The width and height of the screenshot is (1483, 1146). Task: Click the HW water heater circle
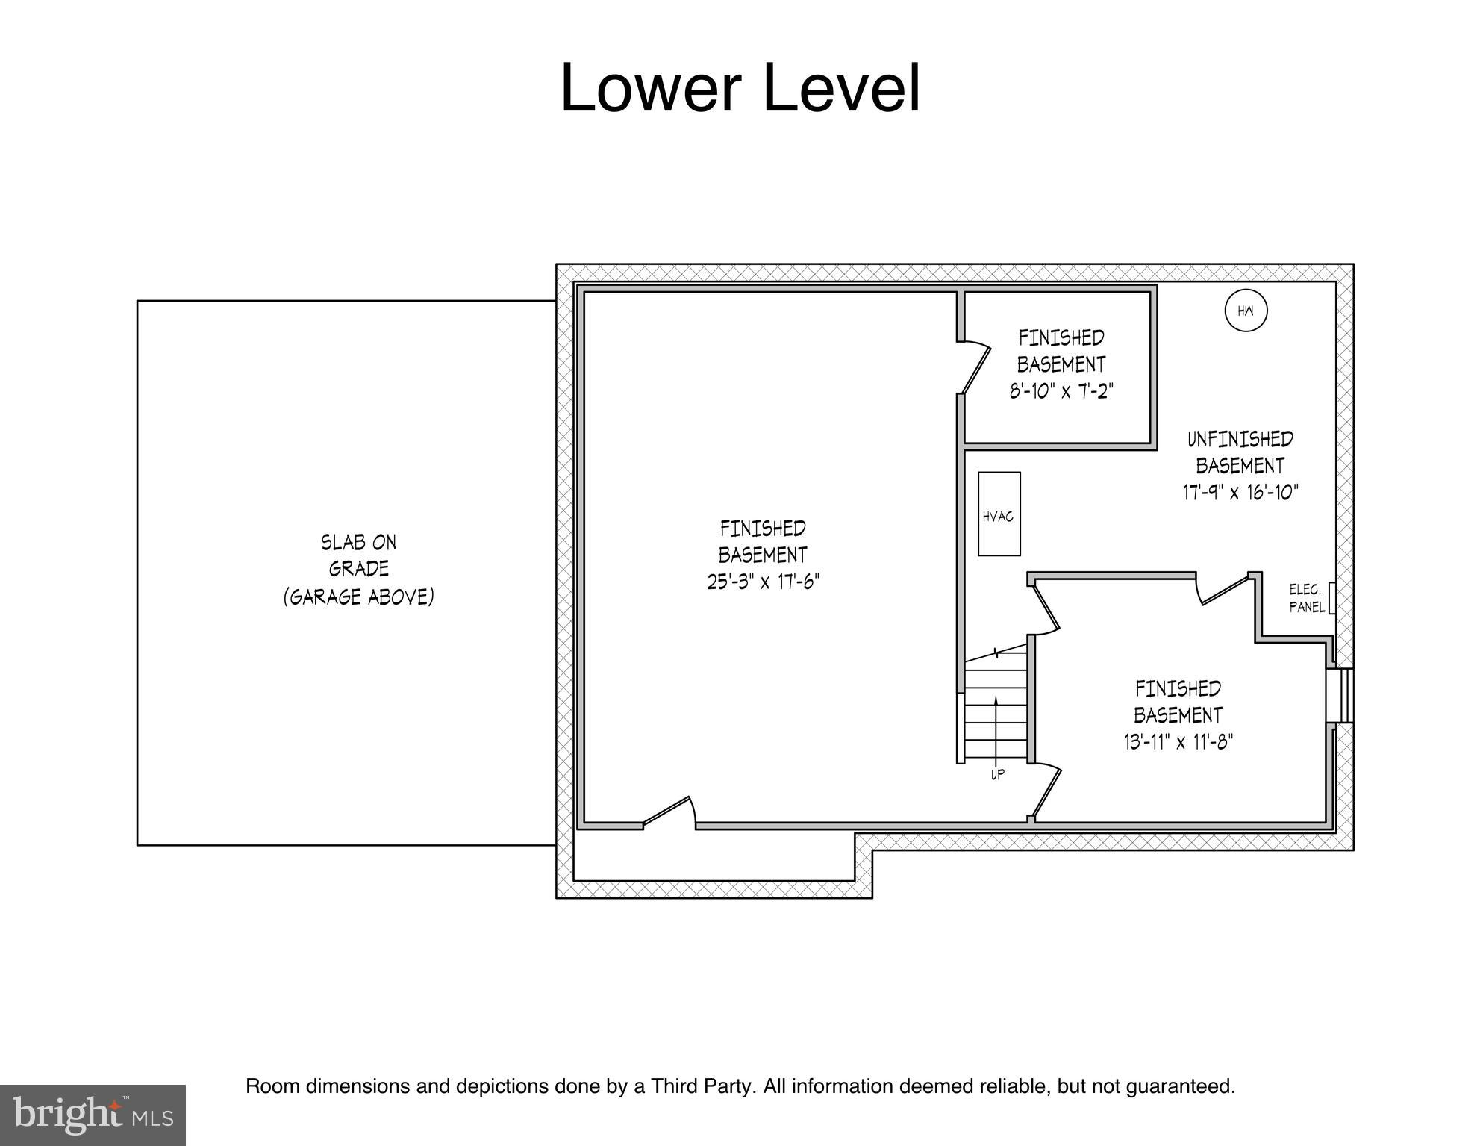coord(1246,311)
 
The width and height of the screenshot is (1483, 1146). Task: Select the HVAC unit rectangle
coord(999,514)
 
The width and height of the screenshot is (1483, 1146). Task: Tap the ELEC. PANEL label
coord(1306,598)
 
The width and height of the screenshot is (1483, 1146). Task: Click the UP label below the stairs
coord(997,774)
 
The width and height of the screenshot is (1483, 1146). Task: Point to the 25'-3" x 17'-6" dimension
coord(763,582)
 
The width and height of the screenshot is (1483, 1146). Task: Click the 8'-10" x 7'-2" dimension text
coord(1061,391)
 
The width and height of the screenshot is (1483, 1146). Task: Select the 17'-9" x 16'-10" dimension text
coord(1240,493)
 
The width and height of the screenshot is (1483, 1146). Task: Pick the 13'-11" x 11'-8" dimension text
coord(1178,742)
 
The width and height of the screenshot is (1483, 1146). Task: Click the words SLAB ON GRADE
coord(359,555)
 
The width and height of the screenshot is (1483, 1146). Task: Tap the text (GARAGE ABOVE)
coord(359,597)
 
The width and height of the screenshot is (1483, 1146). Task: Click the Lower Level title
coord(740,88)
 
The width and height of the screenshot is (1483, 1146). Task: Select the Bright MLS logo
coord(93,1115)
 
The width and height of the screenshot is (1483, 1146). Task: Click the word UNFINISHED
coord(1240,439)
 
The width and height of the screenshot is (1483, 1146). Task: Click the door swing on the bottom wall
coord(669,812)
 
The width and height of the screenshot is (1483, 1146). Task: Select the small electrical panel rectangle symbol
coord(1331,598)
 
